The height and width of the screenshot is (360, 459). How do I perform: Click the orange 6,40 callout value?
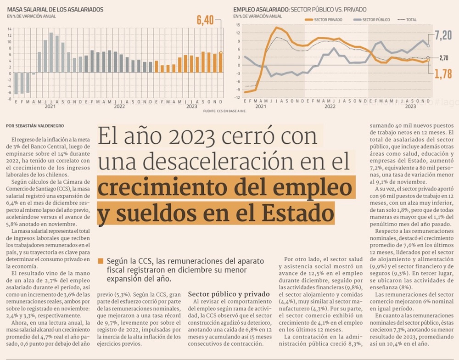205,20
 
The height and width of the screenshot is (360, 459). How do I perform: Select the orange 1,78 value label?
443,73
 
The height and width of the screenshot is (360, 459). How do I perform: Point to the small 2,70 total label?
443,58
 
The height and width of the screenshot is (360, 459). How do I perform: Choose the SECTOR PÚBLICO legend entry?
372,20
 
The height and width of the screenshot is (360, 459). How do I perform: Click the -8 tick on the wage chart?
10,99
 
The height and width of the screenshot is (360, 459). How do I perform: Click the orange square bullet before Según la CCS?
100,261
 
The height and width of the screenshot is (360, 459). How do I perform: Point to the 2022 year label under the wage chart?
119,106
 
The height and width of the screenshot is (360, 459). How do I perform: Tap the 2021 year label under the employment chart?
261,106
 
